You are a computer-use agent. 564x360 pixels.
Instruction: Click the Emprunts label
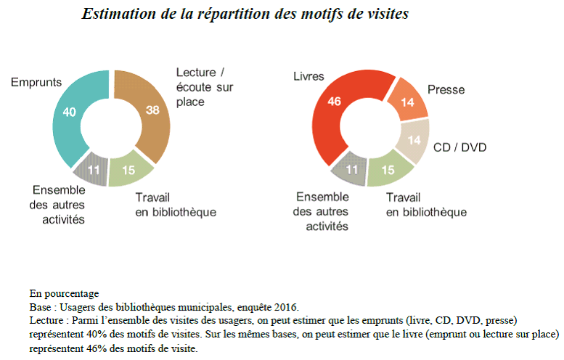pos(36,83)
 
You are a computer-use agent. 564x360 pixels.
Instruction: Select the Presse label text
pos(446,90)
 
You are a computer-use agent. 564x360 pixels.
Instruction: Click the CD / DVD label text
pos(459,148)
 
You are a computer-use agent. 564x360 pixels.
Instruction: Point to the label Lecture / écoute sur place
pos(201,86)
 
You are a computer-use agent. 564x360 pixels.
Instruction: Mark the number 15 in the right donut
pos(387,171)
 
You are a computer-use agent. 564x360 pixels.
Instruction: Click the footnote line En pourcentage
pos(64,294)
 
